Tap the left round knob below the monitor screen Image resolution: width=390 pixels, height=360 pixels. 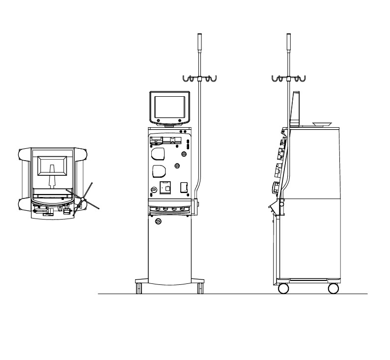(x=158, y=120)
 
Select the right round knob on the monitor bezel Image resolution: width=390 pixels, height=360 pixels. (x=180, y=120)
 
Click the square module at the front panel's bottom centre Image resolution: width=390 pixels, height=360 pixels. (x=166, y=188)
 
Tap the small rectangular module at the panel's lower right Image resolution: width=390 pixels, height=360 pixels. (x=184, y=187)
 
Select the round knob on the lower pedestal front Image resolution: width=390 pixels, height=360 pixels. (x=158, y=222)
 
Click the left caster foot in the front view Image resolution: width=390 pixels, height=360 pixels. (x=139, y=287)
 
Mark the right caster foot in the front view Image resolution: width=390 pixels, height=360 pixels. (x=200, y=287)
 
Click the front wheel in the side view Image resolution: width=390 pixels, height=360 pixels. (x=283, y=288)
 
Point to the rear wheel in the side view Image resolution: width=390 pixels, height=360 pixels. (x=334, y=288)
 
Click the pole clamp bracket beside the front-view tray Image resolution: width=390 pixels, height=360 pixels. (x=198, y=203)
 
